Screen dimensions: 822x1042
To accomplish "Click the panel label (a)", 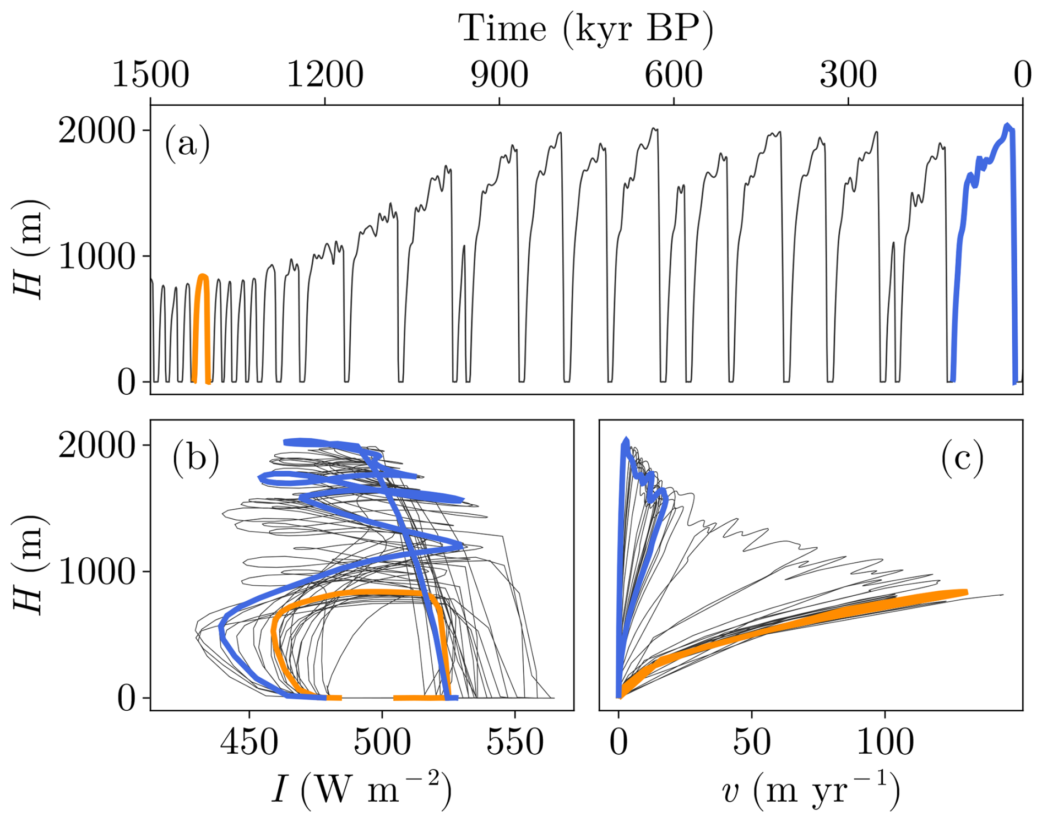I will (x=187, y=144).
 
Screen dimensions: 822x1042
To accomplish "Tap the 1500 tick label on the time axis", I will (x=150, y=75).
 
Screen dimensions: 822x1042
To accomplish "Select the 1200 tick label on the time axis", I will (x=325, y=75).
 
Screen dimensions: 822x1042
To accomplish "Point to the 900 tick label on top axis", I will (x=499, y=75).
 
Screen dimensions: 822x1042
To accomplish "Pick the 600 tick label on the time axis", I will (x=674, y=75).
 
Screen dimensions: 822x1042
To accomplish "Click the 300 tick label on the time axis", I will (x=848, y=75).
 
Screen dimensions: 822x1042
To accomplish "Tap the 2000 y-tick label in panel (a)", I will (x=97, y=131).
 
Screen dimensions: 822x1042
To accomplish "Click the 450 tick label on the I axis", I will (x=249, y=742).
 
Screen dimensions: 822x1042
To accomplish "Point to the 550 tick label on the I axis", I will (x=515, y=742).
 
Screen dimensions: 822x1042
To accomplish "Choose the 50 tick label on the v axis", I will (x=751, y=742).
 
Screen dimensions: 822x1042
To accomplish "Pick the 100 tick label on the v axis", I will (x=885, y=742).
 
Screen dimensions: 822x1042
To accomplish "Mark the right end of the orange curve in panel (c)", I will (x=965, y=592).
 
